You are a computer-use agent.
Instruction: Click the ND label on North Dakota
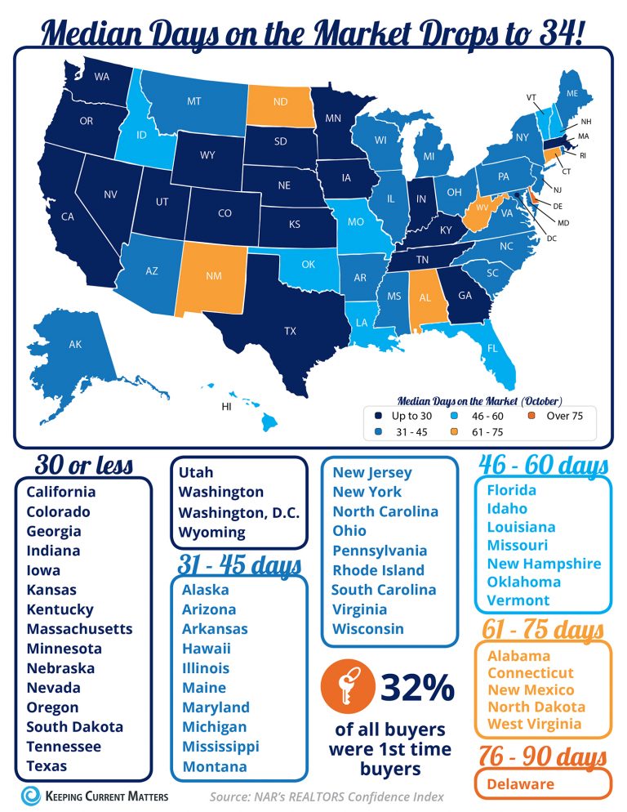[279, 102]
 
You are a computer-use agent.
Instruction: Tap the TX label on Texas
[290, 331]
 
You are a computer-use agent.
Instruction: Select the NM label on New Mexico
[214, 275]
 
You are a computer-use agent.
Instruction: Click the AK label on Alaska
[75, 345]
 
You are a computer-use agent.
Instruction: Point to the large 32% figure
[417, 687]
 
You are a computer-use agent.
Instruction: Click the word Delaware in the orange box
[520, 784]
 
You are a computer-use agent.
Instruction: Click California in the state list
[60, 492]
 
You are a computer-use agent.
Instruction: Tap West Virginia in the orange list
[534, 724]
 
